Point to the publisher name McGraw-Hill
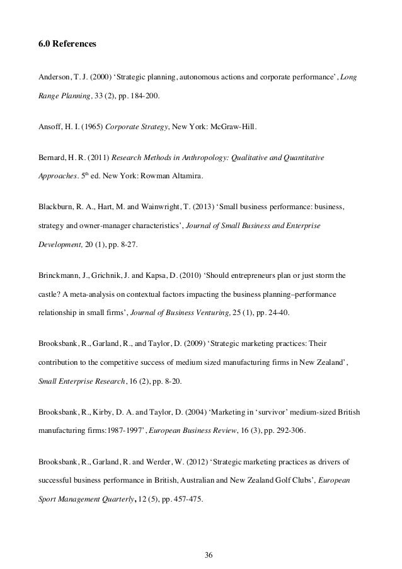pyautogui.click(x=234, y=126)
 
